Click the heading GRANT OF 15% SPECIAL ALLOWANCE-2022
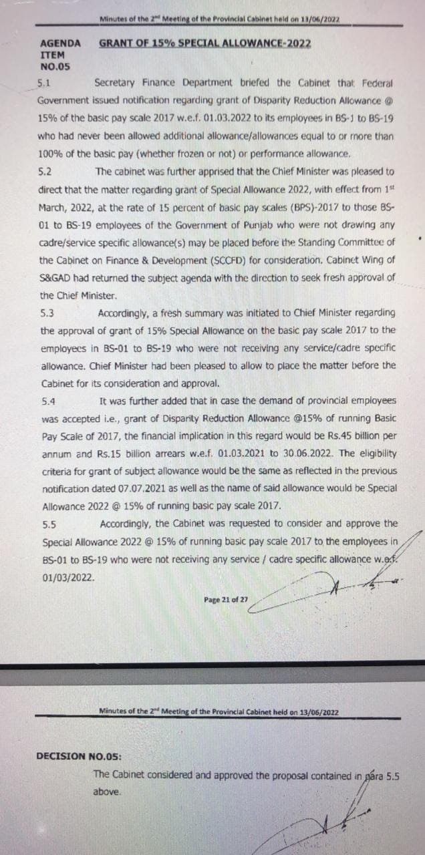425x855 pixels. tap(204, 43)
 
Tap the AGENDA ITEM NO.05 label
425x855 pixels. tap(60, 55)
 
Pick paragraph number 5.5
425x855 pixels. tap(48, 524)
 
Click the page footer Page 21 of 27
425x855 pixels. tap(226, 599)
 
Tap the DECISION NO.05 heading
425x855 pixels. tap(79, 756)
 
